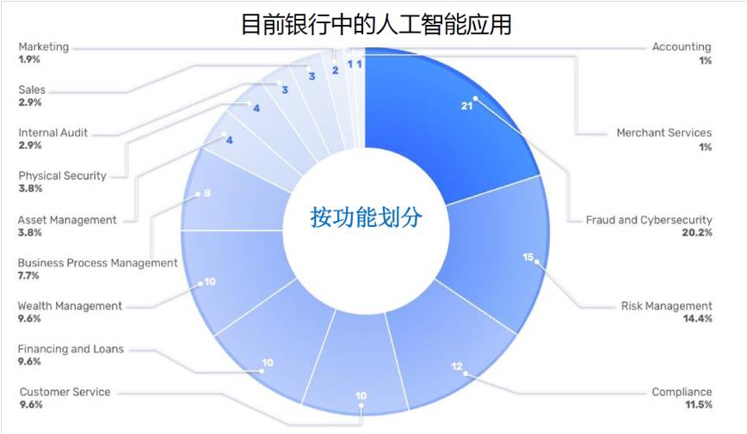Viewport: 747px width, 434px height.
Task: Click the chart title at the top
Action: coord(376,24)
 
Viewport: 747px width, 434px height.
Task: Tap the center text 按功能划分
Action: coord(366,217)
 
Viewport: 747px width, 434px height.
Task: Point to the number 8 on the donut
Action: coord(207,193)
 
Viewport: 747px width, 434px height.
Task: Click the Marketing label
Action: coord(43,46)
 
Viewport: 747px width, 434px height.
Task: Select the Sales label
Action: coord(32,89)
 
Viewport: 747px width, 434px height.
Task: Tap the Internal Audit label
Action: coord(52,132)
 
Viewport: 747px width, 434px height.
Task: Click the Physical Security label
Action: coord(63,175)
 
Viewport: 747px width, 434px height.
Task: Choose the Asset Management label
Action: coord(67,220)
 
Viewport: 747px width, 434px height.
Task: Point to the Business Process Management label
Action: coord(97,263)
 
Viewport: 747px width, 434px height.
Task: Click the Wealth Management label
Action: coord(70,306)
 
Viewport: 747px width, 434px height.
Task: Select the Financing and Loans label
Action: coord(71,349)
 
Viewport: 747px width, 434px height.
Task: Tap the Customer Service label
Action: coord(65,392)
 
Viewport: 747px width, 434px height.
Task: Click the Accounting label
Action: coord(682,46)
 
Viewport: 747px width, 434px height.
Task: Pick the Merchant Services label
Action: coord(664,132)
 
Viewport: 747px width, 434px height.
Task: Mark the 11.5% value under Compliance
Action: coord(699,405)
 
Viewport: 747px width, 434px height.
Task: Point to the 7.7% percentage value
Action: coord(28,276)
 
